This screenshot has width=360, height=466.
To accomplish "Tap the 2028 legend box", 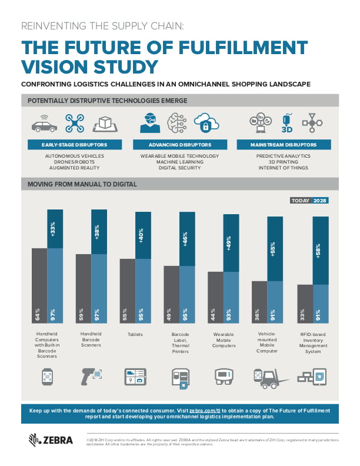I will point(321,201).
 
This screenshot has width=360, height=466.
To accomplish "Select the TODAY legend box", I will point(300,201).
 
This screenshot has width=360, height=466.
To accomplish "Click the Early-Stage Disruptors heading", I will point(65,144).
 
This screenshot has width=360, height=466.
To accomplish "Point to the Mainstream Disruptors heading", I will point(284,144).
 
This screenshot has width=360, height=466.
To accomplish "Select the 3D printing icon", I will point(288,122).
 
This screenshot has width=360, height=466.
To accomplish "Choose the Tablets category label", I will point(136,334).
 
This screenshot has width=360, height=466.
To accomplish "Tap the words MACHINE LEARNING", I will point(179,162).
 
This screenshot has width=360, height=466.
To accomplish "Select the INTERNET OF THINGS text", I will point(284,168).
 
